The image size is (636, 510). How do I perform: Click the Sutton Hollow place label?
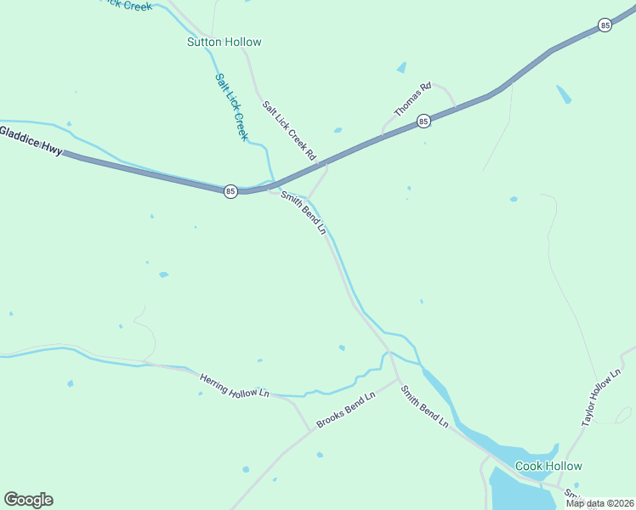(224, 42)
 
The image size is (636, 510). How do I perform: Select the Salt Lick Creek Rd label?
(289, 132)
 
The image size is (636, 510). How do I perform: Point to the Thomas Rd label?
(413, 99)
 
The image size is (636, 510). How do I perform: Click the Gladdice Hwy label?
(31, 141)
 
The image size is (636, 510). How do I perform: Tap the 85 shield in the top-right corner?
(605, 25)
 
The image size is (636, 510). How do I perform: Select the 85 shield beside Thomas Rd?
(423, 122)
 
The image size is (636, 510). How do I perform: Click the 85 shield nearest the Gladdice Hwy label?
(230, 192)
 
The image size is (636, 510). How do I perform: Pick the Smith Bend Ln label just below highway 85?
(304, 212)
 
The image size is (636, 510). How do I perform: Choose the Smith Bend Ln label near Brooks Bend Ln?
(424, 406)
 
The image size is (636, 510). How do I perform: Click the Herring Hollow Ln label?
(234, 387)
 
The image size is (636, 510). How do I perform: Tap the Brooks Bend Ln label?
(345, 411)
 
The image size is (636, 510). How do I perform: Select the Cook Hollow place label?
(548, 466)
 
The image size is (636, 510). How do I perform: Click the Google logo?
(28, 500)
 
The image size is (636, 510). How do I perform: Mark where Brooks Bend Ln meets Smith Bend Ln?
(397, 381)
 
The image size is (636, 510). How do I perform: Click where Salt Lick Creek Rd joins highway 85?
(327, 166)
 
